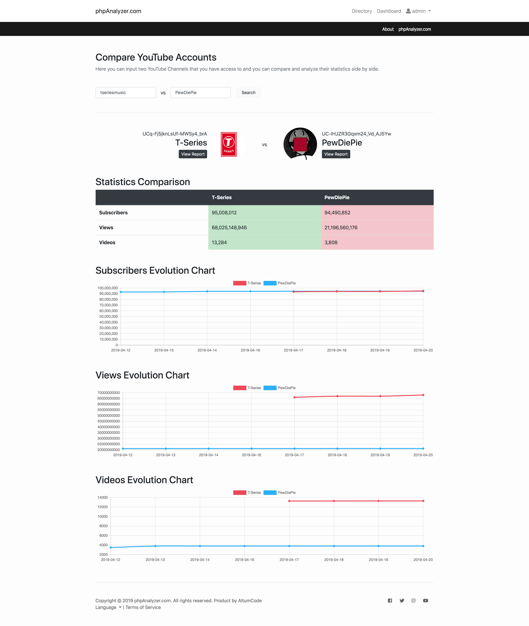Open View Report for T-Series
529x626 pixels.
[193, 154]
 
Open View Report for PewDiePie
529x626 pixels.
[336, 154]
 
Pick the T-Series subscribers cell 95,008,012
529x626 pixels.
[264, 213]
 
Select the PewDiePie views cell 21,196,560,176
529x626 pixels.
[377, 228]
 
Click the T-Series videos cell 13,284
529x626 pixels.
[264, 243]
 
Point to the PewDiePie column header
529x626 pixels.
[337, 197]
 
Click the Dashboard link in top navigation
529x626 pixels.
[389, 11]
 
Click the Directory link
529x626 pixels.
[362, 11]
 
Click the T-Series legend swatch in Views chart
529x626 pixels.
[240, 388]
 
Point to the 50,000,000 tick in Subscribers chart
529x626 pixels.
[109, 317]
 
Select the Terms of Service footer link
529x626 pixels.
[143, 607]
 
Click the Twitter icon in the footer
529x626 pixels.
[402, 601]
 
